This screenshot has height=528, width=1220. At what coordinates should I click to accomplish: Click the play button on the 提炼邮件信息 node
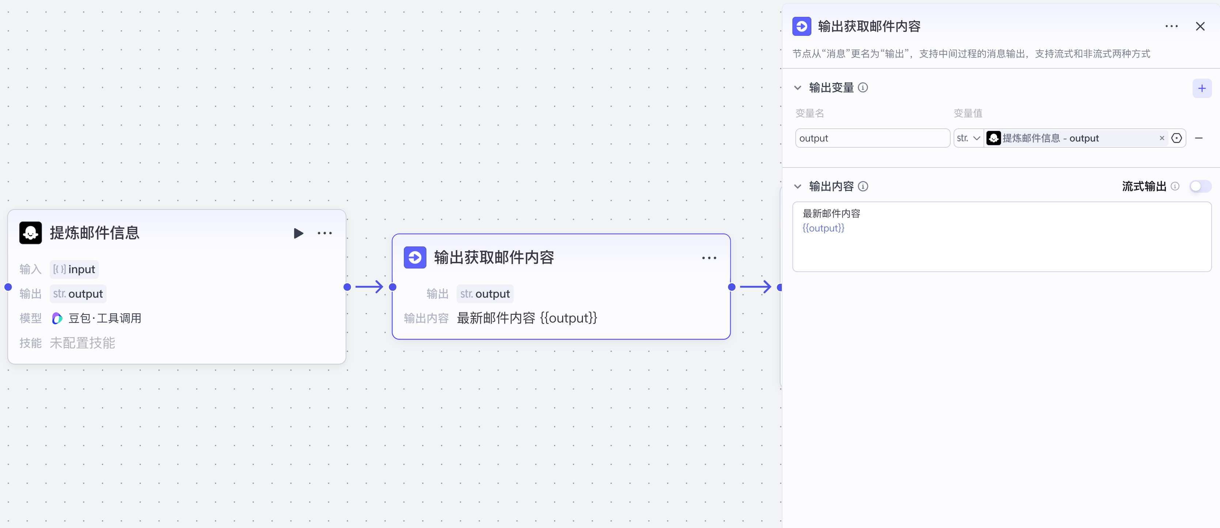coord(298,233)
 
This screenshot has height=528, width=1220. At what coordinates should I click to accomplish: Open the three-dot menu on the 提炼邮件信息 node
coord(325,233)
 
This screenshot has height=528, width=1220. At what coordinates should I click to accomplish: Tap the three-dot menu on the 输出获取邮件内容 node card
coord(709,258)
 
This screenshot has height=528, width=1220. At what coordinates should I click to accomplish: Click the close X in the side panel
coord(1200,27)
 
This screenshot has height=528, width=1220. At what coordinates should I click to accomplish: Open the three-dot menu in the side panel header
coord(1172,27)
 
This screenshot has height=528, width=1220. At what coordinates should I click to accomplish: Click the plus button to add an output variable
coord(1201,88)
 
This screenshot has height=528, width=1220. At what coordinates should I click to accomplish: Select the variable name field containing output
coord(872,138)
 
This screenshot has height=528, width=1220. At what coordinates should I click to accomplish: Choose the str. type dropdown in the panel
coord(968,138)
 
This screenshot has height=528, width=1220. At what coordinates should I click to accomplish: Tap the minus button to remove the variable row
coord(1199,138)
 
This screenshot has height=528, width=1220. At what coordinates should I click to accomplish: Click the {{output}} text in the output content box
coord(823,228)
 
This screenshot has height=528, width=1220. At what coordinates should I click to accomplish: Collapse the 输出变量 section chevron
coord(798,88)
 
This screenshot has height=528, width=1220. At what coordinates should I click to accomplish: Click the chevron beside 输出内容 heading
coord(798,186)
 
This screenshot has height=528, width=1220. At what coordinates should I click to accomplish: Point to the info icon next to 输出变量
coord(863,88)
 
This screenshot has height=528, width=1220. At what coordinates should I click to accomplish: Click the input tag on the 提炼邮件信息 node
coord(74,269)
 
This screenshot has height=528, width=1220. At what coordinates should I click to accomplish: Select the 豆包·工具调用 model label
coord(105,318)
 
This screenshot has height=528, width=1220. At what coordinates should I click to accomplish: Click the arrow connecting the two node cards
coord(370,287)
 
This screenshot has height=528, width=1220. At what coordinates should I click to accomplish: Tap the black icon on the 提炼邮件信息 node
coord(31,233)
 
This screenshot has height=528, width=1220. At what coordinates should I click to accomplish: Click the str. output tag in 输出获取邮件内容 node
coord(485,294)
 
